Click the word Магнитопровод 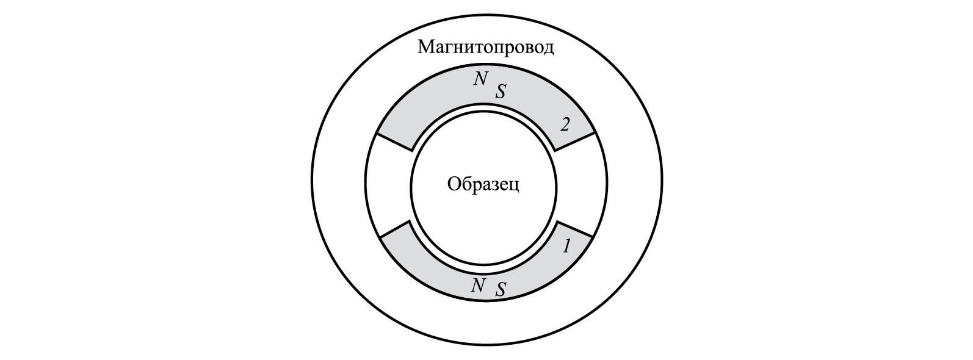[x=486, y=48]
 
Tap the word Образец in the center [x=483, y=185]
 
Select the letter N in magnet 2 [x=480, y=79]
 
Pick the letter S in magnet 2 [x=501, y=91]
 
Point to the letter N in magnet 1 [x=478, y=286]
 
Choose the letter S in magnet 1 [x=501, y=290]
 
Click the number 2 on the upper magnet [x=565, y=125]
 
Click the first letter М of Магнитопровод [x=425, y=48]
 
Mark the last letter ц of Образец [x=515, y=187]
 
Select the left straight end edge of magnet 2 [x=394, y=142]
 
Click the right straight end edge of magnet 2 [x=574, y=142]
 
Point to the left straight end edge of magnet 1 [x=394, y=229]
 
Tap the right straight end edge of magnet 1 [x=574, y=229]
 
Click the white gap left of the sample [x=388, y=186]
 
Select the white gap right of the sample [x=581, y=186]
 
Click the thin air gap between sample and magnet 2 [x=483, y=108]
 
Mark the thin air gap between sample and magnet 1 [x=483, y=265]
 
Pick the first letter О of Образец [x=453, y=184]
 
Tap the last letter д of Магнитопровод [x=549, y=49]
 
